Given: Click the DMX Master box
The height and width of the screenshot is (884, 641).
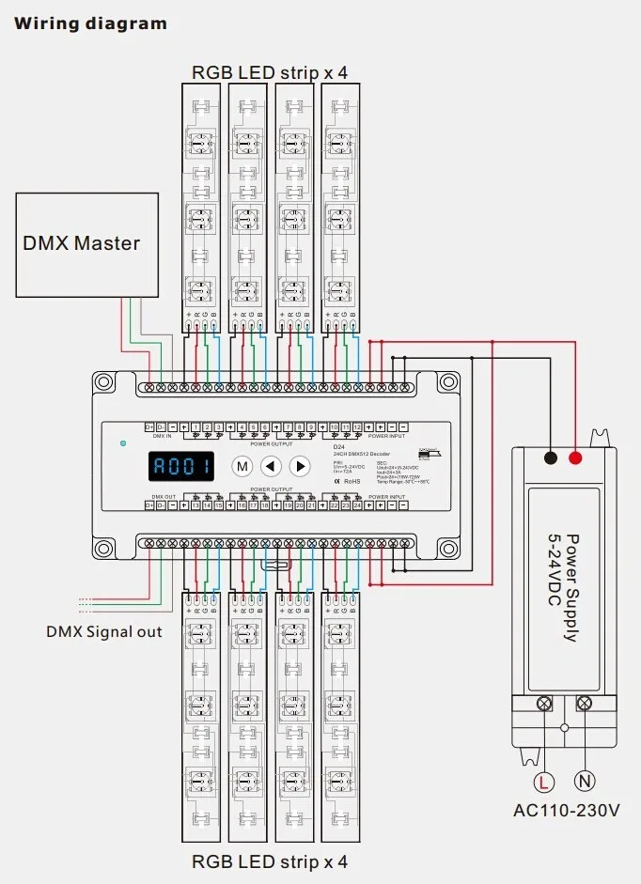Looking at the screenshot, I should coord(81,242).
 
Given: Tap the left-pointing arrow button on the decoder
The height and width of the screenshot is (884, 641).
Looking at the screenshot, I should coord(271,465).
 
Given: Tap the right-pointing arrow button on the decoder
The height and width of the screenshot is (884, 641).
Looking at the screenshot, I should coord(300,465).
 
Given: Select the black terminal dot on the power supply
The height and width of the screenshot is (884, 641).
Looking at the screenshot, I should coord(550,458).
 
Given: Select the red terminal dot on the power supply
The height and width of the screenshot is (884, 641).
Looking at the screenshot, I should coord(574,458).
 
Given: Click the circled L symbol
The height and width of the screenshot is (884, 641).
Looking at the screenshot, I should coord(543,781).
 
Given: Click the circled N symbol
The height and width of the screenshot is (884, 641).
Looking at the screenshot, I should coord(585,781).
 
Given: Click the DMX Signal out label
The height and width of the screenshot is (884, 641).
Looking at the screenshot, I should coord(103,631).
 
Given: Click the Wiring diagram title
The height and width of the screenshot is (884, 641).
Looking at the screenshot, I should coord(90,23).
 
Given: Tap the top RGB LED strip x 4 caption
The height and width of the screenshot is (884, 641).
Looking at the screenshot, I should coord(270,72).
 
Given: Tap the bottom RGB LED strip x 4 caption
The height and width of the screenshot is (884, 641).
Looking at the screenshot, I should coord(270,861).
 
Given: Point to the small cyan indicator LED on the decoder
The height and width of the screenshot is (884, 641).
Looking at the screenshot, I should coord(122,442).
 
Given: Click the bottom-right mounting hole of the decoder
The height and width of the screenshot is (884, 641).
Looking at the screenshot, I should coord(446,547).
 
